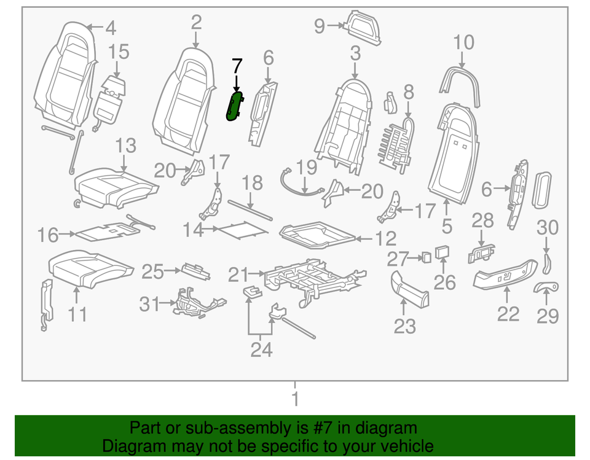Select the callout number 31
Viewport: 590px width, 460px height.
pos(148,303)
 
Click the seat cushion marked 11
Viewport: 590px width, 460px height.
pos(90,268)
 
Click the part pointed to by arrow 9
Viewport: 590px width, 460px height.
pos(363,28)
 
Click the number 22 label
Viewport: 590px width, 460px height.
pos(508,314)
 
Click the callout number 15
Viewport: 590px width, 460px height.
pos(120,52)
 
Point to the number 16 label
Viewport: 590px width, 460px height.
pos(47,235)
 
